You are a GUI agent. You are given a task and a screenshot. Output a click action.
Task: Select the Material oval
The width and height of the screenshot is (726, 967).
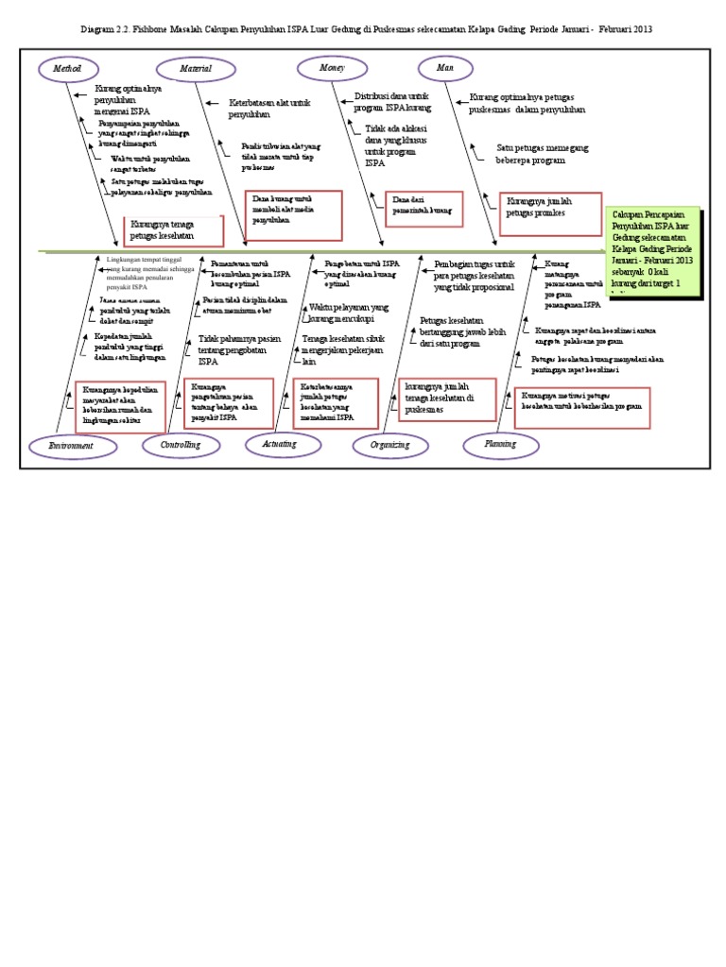(197, 68)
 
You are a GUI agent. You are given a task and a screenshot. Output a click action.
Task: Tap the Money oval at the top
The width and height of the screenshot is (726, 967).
(332, 68)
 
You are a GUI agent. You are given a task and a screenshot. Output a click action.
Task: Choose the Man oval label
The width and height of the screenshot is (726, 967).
(445, 68)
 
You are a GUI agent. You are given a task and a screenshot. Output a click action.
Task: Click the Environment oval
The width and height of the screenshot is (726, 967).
(73, 445)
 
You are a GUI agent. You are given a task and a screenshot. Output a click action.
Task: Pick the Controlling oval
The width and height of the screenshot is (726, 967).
(180, 444)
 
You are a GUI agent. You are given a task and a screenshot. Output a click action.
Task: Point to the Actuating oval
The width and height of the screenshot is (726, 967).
(280, 443)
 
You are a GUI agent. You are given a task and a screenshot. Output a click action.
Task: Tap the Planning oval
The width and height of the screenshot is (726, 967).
(500, 443)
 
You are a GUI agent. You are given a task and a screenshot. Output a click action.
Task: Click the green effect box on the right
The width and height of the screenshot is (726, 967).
(654, 252)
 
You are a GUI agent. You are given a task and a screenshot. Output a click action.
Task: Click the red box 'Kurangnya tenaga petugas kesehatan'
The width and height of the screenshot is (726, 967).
(174, 229)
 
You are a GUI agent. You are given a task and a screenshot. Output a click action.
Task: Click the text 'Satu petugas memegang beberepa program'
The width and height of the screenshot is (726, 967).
(530, 154)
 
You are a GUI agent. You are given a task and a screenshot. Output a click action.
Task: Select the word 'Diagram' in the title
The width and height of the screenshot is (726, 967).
(97, 28)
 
